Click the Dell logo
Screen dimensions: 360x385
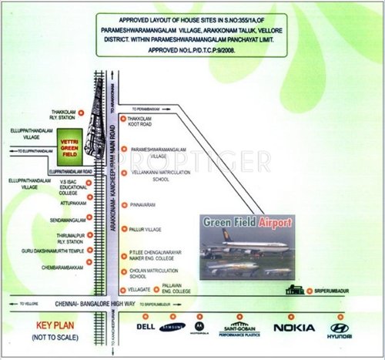pyautogui.click(x=146, y=327)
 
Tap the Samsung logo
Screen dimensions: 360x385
pyautogui.click(x=173, y=328)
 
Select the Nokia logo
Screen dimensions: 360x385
pyautogui.click(x=293, y=328)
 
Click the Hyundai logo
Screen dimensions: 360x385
pyautogui.click(x=340, y=328)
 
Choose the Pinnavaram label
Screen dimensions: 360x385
pyautogui.click(x=144, y=204)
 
